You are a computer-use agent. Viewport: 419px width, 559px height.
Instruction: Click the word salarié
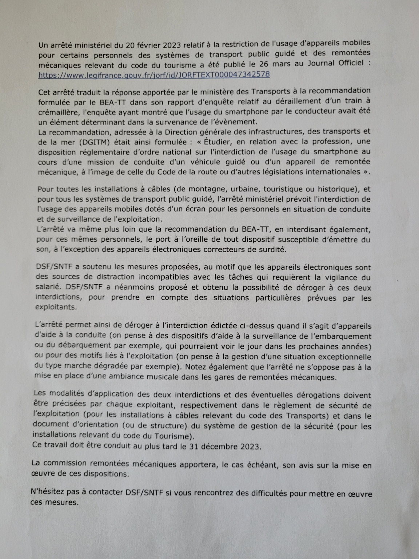[x=48, y=288]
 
